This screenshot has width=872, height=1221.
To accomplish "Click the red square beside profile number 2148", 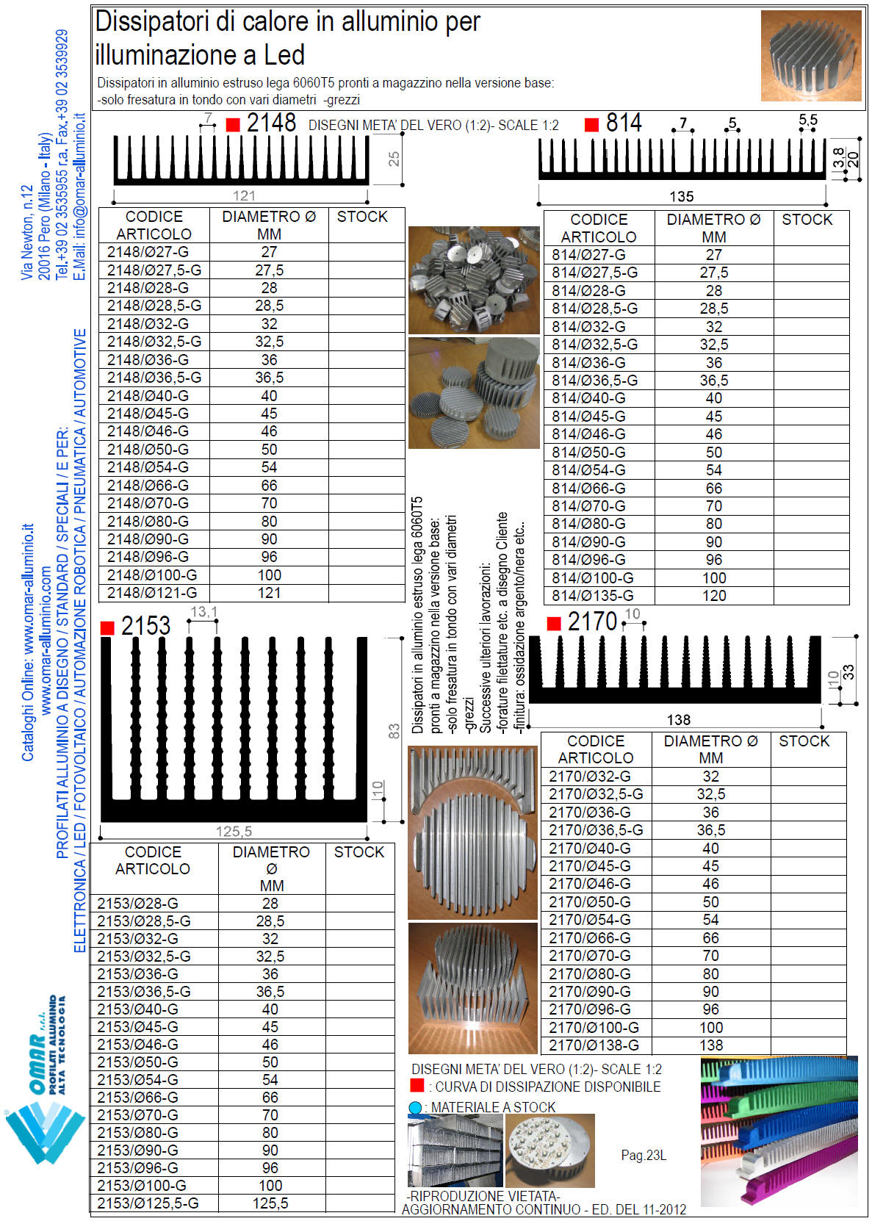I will coord(233,126).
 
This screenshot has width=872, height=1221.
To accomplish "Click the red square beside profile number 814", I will coord(591,125).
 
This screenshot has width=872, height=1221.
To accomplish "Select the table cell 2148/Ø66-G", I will coord(148,486).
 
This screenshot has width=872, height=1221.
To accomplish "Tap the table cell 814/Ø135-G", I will coord(593,596).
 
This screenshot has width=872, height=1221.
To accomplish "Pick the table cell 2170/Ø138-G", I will coord(594,1045).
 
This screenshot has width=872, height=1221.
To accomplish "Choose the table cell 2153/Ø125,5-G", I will coord(148,1203).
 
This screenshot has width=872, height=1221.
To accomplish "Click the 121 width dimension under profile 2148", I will coord(244,195).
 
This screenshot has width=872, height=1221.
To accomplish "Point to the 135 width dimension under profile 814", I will coord(681,196).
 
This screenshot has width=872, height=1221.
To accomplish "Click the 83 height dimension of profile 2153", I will coord(394,731).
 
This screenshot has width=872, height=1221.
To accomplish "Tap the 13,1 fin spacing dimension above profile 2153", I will coord(203,613).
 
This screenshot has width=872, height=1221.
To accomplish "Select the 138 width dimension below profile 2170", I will coord(678,720).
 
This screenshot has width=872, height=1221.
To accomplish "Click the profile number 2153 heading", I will coord(145,626).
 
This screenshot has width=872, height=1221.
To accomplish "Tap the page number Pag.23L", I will coord(644,1156).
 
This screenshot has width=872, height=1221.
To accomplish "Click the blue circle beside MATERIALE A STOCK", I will coord(415,1108).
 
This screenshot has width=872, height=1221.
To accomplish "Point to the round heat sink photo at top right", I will coord(811,56).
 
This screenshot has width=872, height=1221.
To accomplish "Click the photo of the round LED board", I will coord(549,1150).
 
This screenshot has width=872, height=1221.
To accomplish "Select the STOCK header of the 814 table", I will coord(807,220).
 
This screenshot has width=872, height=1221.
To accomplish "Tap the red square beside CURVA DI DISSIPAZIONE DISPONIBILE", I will coord(417,1086).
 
